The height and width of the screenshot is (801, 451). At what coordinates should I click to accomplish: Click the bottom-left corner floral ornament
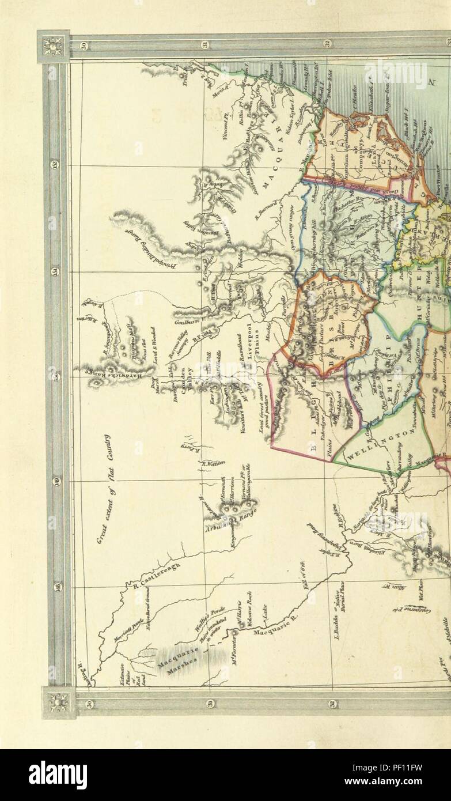(x=58, y=702)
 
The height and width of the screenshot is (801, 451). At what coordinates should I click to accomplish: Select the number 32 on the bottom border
(x=332, y=704)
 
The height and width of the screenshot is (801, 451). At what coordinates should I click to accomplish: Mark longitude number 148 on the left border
(x=58, y=587)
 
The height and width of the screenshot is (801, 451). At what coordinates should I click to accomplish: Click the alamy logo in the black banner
(x=58, y=774)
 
